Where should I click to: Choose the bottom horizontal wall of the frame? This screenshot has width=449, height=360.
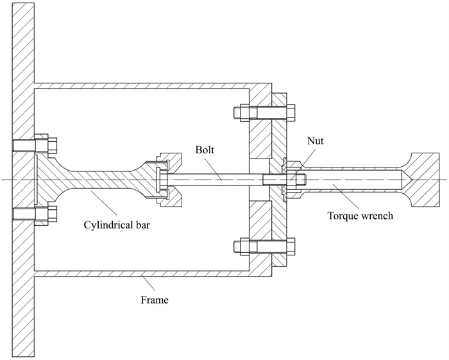[x=141, y=273]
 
